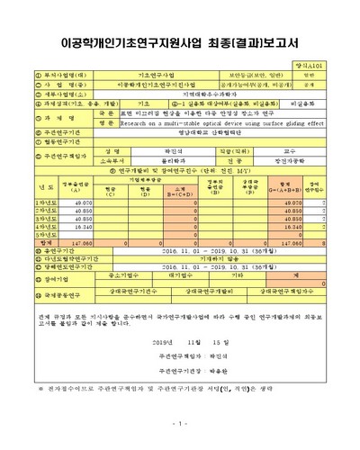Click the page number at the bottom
pyautogui.click(x=180, y=423)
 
